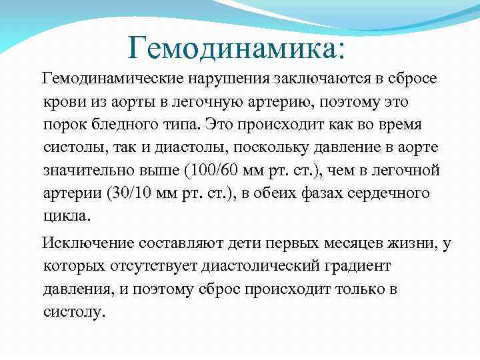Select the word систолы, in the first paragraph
coord(71,147)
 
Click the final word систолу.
coord(73,312)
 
